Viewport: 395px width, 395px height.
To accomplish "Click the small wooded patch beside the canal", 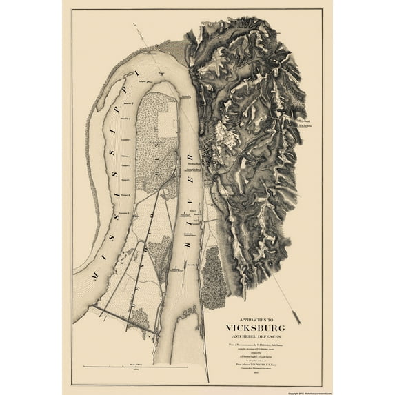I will tap(141, 317).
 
